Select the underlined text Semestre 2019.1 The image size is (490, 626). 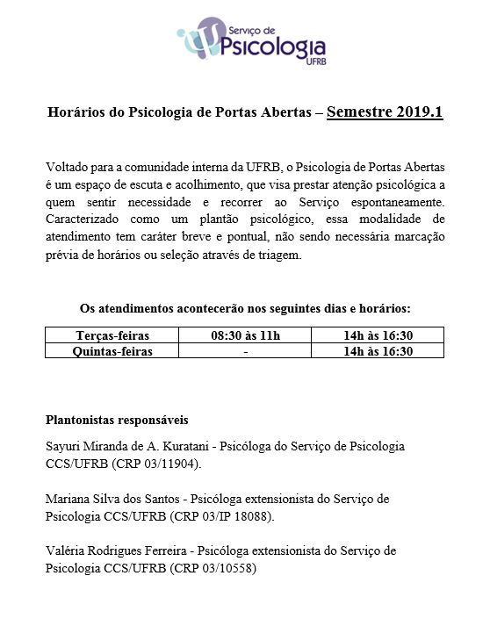385,112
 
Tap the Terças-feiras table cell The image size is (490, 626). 112,335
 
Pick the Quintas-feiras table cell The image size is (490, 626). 112,350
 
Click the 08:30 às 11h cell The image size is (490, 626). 246,335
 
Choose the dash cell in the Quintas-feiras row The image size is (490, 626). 246,350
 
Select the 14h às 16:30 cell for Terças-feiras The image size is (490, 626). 378,335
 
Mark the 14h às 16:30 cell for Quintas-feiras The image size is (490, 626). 378,350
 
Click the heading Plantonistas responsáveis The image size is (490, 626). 116,420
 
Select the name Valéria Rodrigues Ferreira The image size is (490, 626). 119,550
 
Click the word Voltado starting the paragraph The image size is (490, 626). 67,166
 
